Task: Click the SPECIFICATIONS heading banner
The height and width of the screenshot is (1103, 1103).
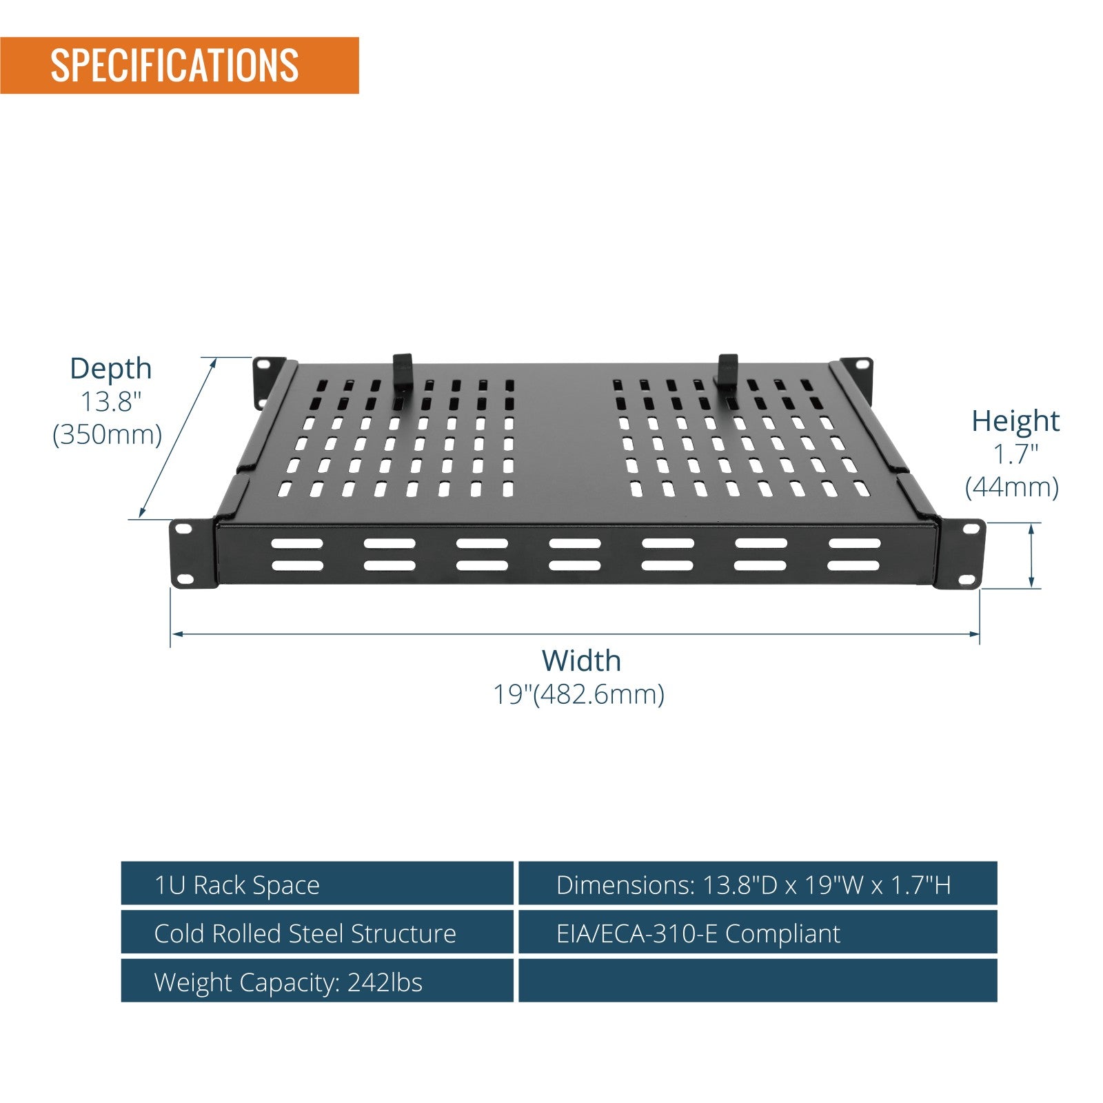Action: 179,65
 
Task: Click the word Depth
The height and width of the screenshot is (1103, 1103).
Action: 110,369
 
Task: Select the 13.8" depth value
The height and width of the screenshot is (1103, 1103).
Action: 111,401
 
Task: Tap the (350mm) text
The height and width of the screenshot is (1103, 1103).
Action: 108,434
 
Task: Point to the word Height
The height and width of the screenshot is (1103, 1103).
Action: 1015,421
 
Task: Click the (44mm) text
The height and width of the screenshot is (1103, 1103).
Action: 1012,487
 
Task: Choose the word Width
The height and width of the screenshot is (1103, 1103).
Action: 581,660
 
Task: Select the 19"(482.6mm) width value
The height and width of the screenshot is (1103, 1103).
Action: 578,694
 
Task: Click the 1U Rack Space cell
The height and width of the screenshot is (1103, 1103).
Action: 317,883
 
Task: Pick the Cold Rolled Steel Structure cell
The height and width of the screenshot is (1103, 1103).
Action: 317,932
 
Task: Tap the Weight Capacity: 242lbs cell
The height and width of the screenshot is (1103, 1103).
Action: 317,980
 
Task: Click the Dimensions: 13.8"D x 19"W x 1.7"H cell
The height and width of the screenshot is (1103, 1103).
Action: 758,883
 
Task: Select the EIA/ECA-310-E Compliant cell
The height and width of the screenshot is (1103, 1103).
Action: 758,932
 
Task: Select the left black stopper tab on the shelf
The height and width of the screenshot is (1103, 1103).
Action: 403,373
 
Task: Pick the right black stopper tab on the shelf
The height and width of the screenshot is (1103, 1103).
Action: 727,373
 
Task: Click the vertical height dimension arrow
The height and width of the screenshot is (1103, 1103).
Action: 1031,556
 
